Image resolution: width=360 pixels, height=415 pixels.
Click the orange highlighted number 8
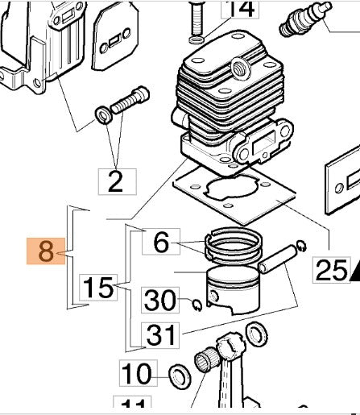pos(47,252)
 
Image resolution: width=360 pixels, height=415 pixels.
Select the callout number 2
pos(115,182)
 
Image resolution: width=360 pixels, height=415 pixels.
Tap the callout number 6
pos(161,242)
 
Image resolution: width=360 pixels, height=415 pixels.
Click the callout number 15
pos(98,288)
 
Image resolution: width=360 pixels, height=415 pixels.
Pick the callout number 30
pos(160,301)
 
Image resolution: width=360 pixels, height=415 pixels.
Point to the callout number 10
pos(136,374)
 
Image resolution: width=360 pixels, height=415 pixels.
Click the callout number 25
pos(329,271)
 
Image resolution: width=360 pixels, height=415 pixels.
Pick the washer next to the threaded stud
pos(104,113)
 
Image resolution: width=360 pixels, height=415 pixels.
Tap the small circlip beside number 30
pos(197,303)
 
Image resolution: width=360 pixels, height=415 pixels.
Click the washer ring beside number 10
pos(178,375)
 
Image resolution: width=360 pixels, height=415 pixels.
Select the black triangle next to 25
pos(354,276)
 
